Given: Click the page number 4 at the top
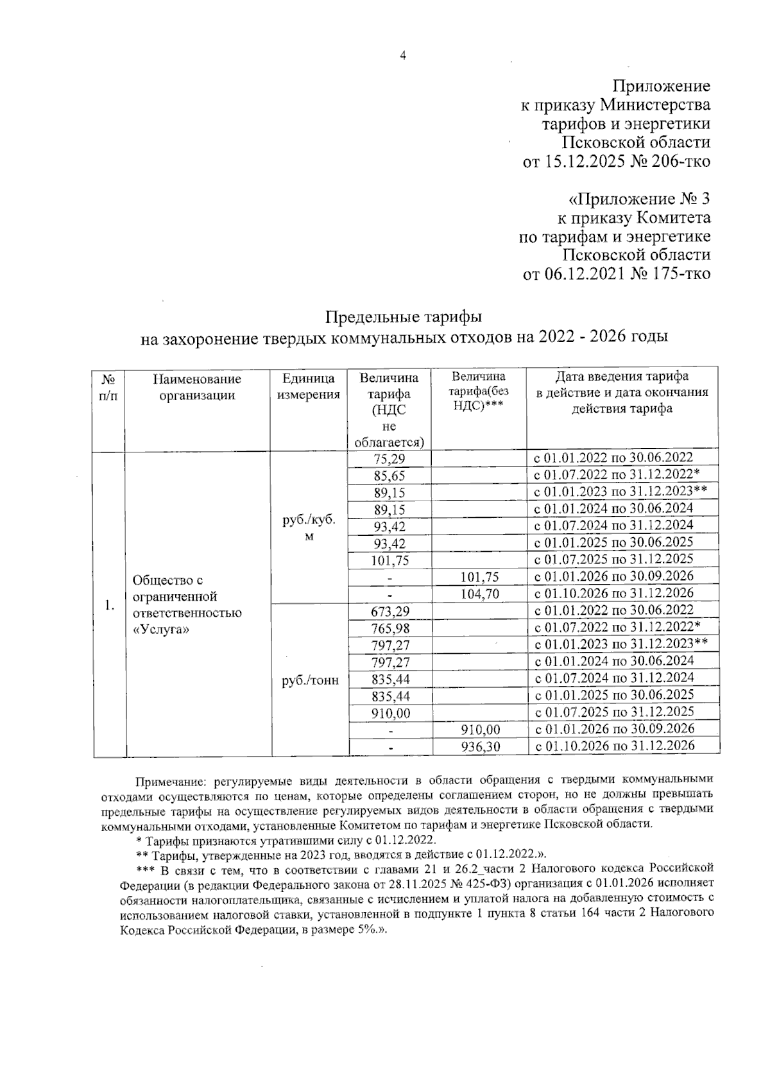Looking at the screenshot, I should pos(403,56).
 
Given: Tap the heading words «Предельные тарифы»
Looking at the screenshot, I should pos(404,317).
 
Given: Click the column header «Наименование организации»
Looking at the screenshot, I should pos(197,387).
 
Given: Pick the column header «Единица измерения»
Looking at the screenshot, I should pos(308,387).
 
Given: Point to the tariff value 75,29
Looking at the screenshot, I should pos(389,459).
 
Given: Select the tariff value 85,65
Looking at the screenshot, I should pos(389,476).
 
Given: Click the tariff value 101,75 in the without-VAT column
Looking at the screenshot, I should pos(479,577).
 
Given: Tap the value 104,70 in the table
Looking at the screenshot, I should pos(479,594).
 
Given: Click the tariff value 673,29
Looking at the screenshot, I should pos(389,611).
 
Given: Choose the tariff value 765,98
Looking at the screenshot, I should pos(389,628).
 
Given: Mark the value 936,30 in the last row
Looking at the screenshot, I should pos(479,746).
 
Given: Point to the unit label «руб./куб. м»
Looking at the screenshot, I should pos(309,529).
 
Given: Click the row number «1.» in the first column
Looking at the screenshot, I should pos(110,605).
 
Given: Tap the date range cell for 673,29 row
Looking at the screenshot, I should pos(614,610).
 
